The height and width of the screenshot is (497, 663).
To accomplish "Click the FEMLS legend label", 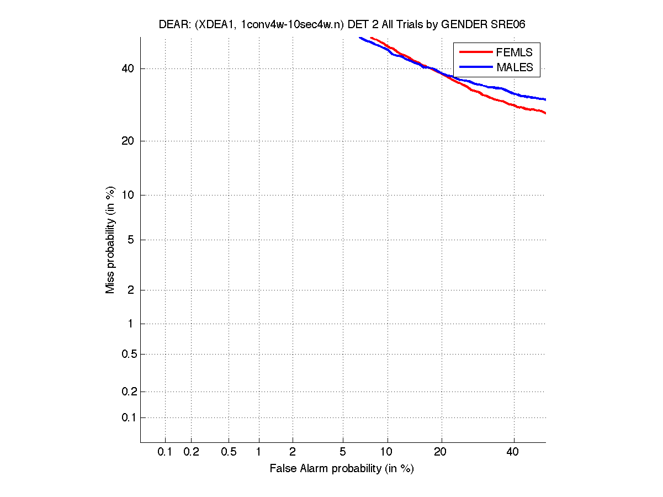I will pyautogui.click(x=514, y=52).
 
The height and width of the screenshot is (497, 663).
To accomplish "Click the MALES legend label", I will pyautogui.click(x=515, y=67).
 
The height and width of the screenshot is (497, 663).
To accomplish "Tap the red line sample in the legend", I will pyautogui.click(x=475, y=52).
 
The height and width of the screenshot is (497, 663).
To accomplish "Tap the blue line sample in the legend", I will pyautogui.click(x=475, y=67).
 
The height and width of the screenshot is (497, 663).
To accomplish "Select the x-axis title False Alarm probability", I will pyautogui.click(x=341, y=469).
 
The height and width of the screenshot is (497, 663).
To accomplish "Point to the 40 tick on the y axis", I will pyautogui.click(x=128, y=68).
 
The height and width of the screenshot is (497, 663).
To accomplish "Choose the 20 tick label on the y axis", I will pyautogui.click(x=128, y=141).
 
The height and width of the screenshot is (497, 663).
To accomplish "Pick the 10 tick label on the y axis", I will pyautogui.click(x=128, y=194).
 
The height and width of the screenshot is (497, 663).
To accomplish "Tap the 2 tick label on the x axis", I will pyautogui.click(x=293, y=452).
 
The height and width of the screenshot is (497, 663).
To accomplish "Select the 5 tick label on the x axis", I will pyautogui.click(x=343, y=452).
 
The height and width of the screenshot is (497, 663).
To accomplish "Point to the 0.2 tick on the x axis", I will pyautogui.click(x=191, y=452).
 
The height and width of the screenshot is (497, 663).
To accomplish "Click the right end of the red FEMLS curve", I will pyautogui.click(x=545, y=113).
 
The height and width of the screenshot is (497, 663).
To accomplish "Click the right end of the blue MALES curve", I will pyautogui.click(x=545, y=99).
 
